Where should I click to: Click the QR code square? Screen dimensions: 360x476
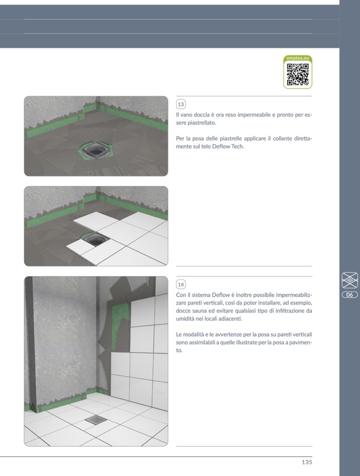click(298, 74)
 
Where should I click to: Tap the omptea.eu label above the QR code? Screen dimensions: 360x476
click(298, 58)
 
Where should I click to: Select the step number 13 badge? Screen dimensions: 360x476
click(181, 104)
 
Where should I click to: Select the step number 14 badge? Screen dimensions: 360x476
click(181, 284)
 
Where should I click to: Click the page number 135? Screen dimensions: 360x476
click(307, 462)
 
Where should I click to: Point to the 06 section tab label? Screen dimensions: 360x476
click(350, 294)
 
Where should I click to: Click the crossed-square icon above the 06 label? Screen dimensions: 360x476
click(350, 280)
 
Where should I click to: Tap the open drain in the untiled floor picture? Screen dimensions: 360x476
click(96, 150)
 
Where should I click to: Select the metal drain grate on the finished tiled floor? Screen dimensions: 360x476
click(96, 420)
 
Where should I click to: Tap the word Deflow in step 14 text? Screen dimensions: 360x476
click(221, 295)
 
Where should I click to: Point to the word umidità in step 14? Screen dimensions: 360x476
click(184, 319)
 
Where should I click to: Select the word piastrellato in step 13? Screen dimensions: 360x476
click(202, 123)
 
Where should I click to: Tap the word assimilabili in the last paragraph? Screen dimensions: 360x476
click(202, 342)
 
